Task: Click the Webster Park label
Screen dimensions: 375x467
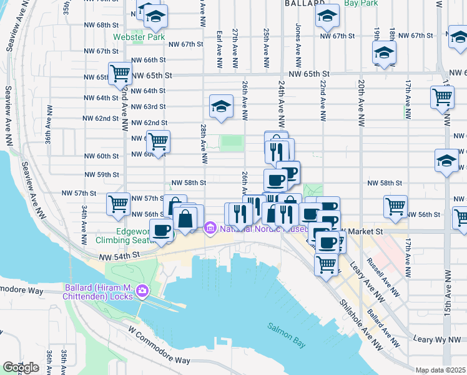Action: pyautogui.click(x=139, y=37)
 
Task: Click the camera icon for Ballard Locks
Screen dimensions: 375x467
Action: pyautogui.click(x=142, y=291)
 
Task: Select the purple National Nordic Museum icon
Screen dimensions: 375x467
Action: pyautogui.click(x=210, y=229)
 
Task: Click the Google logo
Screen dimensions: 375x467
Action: pyautogui.click(x=21, y=367)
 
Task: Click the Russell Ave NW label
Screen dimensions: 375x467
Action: pyautogui.click(x=381, y=276)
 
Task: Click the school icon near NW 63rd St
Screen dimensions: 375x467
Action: pyautogui.click(x=221, y=107)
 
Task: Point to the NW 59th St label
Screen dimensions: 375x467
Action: pyautogui.click(x=104, y=174)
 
